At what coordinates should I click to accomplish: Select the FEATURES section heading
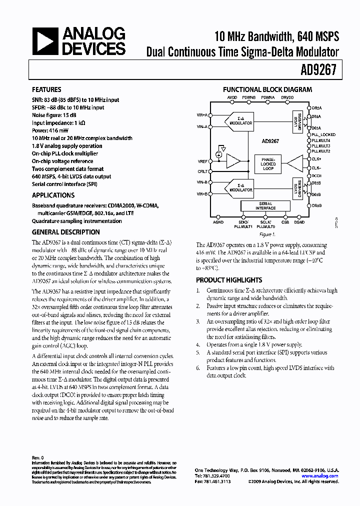pyautogui.click(x=47, y=90)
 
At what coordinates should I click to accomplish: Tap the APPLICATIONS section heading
pyautogui.click(x=53, y=195)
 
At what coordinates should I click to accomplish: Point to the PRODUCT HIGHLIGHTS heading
pyautogui.click(x=228, y=280)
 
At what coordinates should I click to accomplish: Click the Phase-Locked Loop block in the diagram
pyautogui.click(x=268, y=164)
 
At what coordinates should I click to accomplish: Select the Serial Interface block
pyautogui.click(x=265, y=206)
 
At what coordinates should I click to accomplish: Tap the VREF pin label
pyautogui.click(x=202, y=161)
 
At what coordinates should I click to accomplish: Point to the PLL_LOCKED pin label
pyautogui.click(x=323, y=134)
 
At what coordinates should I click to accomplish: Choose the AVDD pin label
pyautogui.click(x=232, y=97)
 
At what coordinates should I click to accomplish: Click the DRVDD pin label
pyautogui.click(x=287, y=97)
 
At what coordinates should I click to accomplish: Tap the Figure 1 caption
pyautogui.click(x=265, y=234)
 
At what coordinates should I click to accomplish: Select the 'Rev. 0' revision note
pyautogui.click(x=38, y=457)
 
